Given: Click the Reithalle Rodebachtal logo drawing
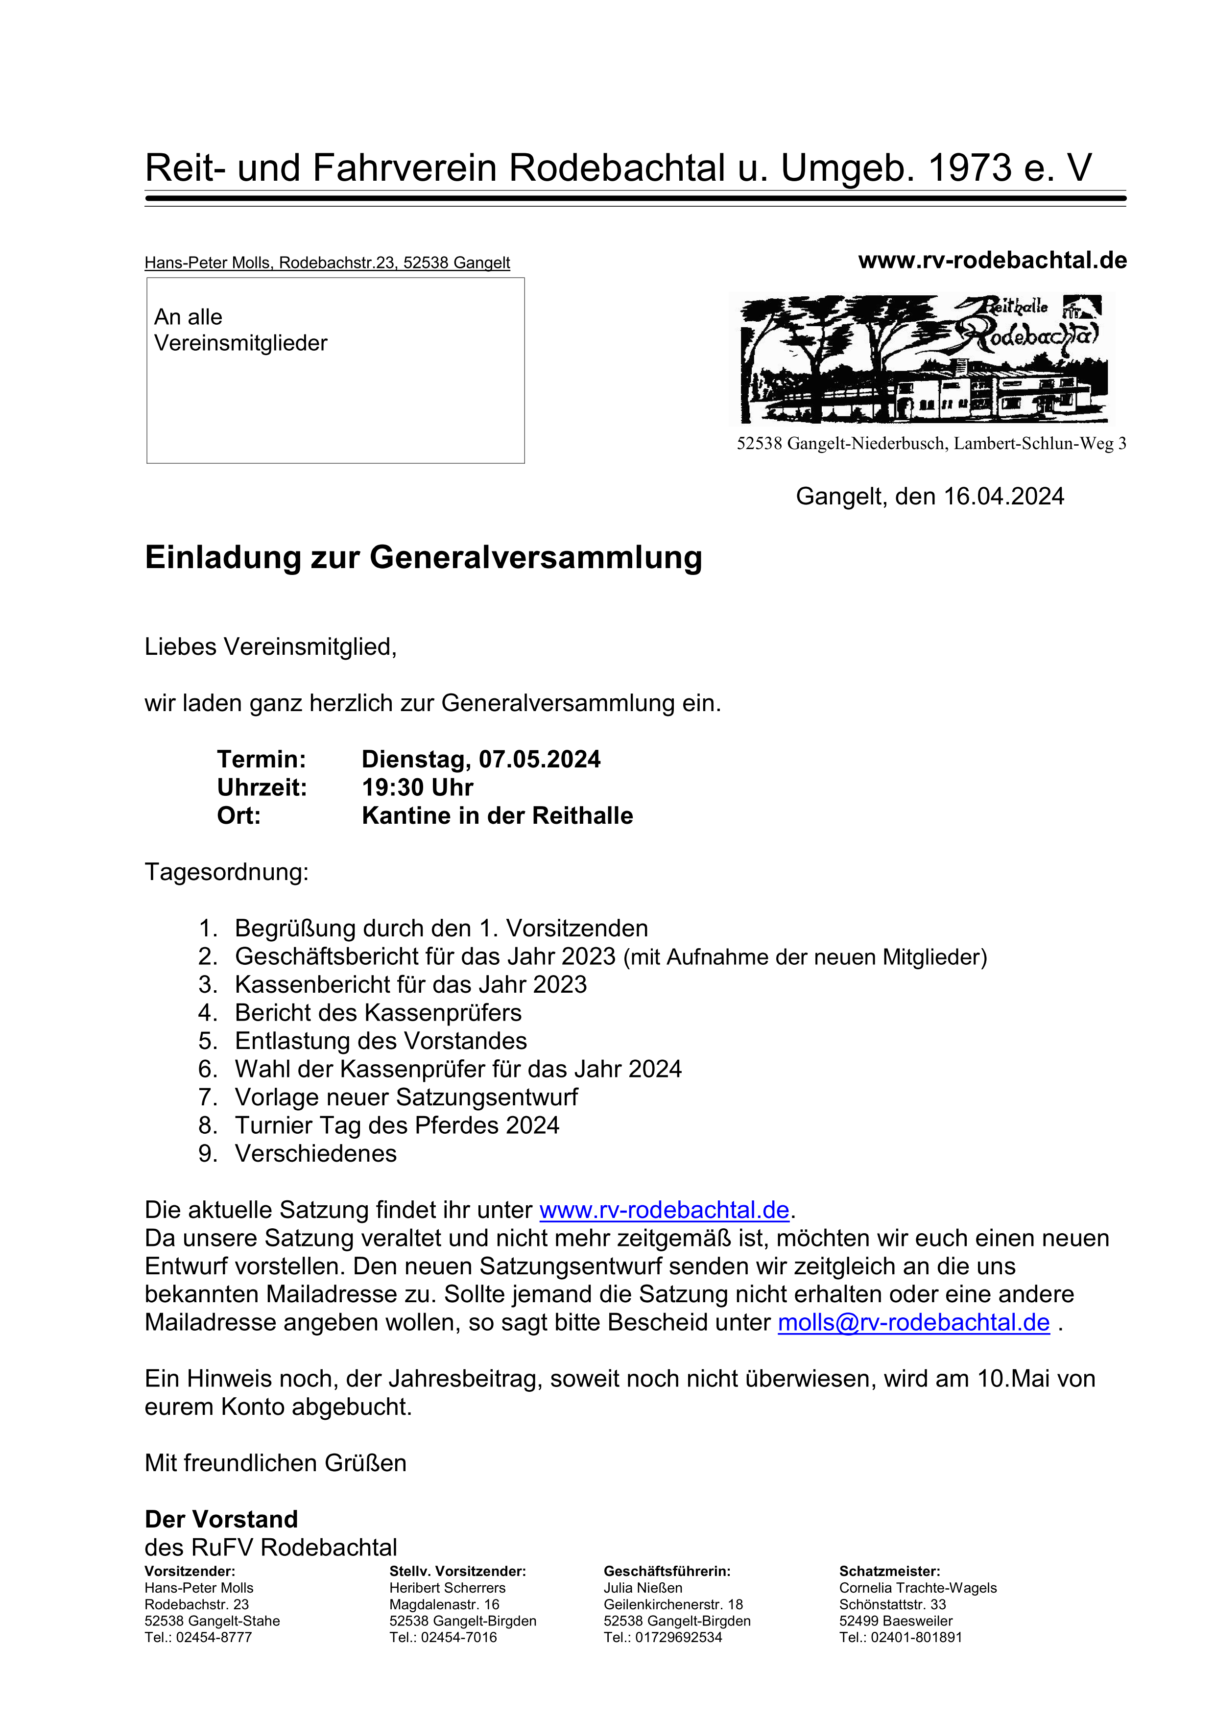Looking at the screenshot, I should (x=922, y=359).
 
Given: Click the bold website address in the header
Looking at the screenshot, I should (x=992, y=261).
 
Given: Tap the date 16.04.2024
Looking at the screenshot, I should (x=1003, y=496).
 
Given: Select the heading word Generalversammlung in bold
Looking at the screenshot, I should (x=536, y=557).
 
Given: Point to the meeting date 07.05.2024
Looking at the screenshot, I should (x=539, y=760).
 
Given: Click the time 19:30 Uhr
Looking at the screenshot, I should (x=417, y=787).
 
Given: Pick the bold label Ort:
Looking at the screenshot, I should (x=238, y=815).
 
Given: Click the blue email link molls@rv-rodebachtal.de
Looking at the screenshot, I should (x=913, y=1322).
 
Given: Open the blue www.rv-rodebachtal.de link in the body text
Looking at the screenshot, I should (x=665, y=1210).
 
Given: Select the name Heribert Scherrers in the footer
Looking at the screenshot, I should (x=448, y=1588).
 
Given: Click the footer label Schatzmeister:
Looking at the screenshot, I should (x=889, y=1572).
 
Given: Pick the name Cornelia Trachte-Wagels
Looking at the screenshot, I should (x=918, y=1588).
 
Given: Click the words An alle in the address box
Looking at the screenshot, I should (x=189, y=317).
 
